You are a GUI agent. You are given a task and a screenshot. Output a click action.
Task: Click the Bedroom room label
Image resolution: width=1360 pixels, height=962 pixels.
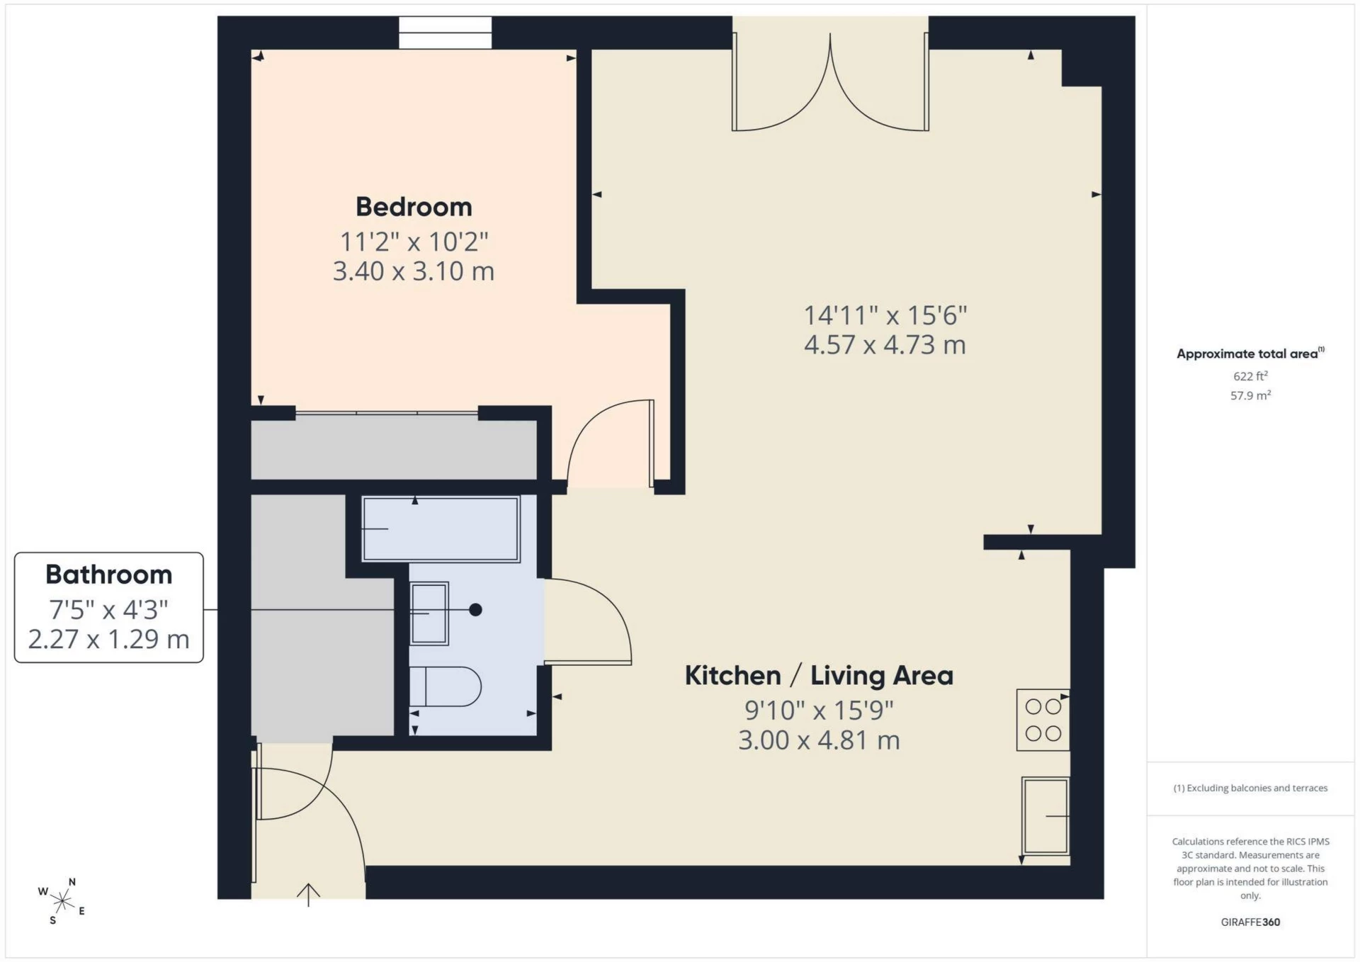[414, 207]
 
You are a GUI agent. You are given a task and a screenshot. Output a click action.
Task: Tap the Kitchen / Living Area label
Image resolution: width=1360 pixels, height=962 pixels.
[819, 676]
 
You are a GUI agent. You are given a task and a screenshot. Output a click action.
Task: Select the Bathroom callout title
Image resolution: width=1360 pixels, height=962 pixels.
[109, 575]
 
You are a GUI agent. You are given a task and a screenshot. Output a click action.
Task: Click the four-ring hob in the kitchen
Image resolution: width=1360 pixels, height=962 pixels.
[1043, 720]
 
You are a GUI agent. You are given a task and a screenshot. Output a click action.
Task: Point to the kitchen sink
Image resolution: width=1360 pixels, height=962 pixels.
[1045, 816]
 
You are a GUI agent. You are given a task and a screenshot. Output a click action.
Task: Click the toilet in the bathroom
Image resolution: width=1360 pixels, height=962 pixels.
[445, 686]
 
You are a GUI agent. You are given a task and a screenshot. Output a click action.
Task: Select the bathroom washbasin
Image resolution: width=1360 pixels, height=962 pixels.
[429, 613]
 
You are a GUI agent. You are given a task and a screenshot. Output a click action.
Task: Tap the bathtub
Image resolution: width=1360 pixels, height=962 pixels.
[441, 529]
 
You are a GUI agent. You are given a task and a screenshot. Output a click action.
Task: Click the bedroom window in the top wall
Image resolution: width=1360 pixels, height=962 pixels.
[445, 33]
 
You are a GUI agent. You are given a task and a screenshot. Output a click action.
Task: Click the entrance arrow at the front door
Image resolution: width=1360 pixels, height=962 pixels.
[308, 895]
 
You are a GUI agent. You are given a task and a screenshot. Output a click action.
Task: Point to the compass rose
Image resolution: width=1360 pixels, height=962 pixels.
[62, 901]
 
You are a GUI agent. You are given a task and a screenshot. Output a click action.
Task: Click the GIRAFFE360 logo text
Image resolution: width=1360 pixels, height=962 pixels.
[1250, 922]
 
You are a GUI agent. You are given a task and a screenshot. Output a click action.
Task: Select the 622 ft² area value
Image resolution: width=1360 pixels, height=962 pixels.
[1250, 376]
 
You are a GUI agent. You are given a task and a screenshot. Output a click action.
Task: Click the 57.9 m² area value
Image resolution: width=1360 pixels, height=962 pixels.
[1250, 395]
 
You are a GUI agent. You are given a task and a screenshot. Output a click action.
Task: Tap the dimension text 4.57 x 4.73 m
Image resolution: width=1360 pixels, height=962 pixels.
[885, 345]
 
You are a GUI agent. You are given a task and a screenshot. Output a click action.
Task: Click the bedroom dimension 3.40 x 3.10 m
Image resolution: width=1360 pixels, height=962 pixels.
[414, 271]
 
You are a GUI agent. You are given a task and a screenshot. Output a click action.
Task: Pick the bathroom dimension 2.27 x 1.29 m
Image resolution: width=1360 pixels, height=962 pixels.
[109, 640]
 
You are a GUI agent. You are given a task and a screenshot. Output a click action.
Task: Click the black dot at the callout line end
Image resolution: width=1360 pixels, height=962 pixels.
[476, 610]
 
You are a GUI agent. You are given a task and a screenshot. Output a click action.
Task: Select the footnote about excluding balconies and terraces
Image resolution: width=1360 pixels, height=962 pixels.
[1250, 788]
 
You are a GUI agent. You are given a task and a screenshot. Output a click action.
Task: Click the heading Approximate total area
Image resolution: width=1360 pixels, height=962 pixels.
[1250, 353]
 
